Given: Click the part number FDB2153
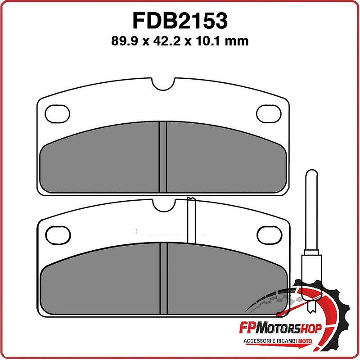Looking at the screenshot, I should pyautogui.click(x=180, y=21).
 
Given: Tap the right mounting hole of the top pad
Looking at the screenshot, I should pyautogui.click(x=269, y=113).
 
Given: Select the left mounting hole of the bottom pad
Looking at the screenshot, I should pyautogui.click(x=56, y=233).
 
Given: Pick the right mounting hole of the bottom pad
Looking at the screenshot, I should pyautogui.click(x=269, y=233).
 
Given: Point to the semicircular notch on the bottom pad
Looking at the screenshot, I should pyautogui.click(x=163, y=204).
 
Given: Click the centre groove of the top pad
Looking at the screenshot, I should pyautogui.click(x=163, y=157).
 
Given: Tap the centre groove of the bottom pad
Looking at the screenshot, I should pyautogui.click(x=163, y=278).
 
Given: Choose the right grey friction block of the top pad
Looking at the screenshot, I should pyautogui.click(x=225, y=162).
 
